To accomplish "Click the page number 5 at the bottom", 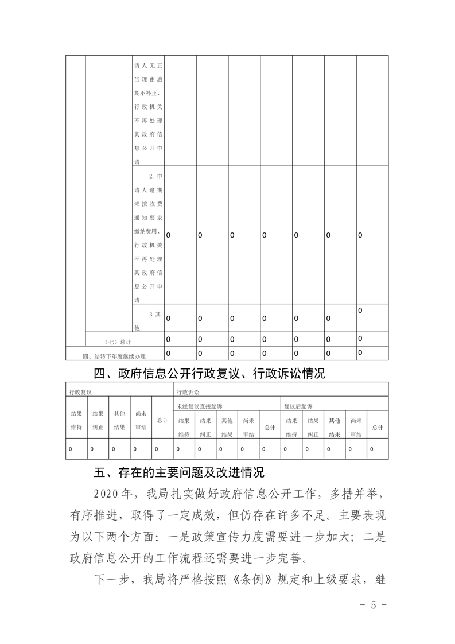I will [373, 606].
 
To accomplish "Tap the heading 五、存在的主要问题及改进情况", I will [179, 474].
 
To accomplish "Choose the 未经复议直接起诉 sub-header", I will [200, 406].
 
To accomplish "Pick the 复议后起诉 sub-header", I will [298, 406].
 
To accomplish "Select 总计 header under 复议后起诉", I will [378, 428].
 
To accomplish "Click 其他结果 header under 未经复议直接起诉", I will [227, 427].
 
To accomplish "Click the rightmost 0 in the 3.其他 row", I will [360, 311].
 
